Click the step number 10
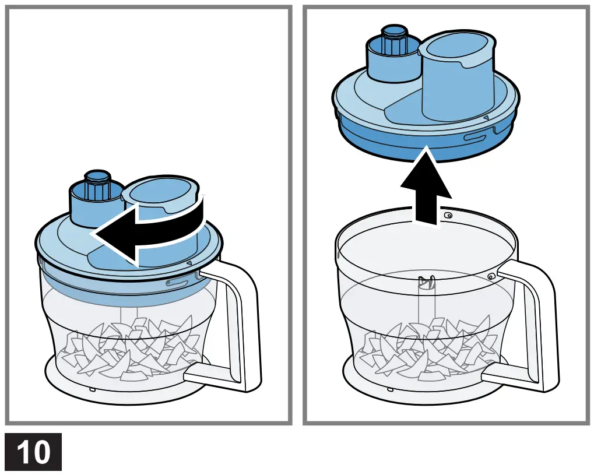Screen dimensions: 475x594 point(34,452)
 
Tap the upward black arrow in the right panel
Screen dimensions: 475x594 point(426,187)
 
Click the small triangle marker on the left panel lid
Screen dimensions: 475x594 point(189,263)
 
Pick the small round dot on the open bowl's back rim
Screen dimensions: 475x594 point(448,215)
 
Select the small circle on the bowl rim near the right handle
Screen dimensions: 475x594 point(492,275)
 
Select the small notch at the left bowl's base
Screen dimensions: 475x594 point(92,388)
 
